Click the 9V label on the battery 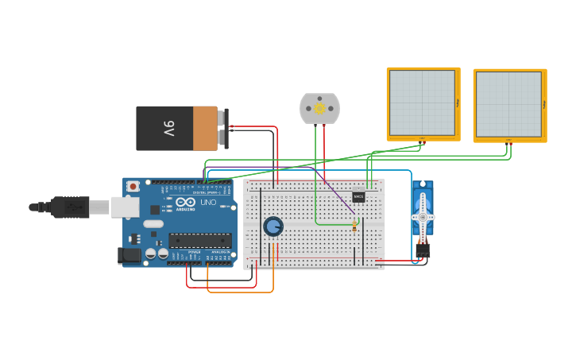pos(168,128)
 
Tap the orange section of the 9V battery pos(205,128)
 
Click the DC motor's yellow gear pos(319,109)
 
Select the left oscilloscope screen pos(422,103)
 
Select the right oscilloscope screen pos(508,104)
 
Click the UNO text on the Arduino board pos(207,203)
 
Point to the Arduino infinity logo pos(185,203)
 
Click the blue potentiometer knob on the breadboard pos(273,226)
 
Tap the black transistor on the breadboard pos(358,196)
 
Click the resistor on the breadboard pos(354,228)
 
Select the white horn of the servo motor pos(423,216)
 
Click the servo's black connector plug pos(423,250)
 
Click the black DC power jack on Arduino pos(129,255)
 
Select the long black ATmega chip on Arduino pos(199,240)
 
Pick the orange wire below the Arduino pos(238,292)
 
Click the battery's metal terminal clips pos(226,128)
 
